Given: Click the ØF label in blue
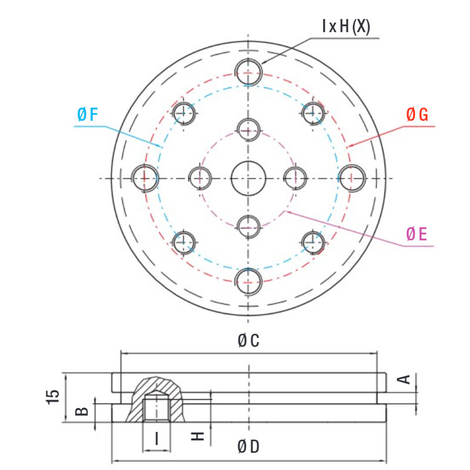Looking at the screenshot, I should pos(87,115).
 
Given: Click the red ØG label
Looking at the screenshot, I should pos(417,115).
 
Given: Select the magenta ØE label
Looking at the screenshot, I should pos(416,235).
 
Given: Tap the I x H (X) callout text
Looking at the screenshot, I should pos(345,26).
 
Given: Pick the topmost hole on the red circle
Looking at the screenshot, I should pos(249,73).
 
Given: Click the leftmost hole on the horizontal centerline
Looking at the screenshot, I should pos(145,178).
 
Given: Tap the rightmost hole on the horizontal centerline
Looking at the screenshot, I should pos(352,178).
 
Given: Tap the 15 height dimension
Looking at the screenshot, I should pos(53,397).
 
